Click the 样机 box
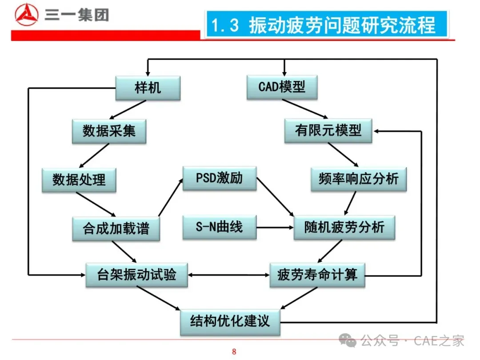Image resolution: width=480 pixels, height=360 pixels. coord(148,88)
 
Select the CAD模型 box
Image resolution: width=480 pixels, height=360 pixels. coord(282,87)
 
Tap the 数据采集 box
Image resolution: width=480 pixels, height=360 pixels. coord(109,131)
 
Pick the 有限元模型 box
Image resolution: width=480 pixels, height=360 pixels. coord(328,130)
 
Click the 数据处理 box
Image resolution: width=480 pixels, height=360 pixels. coord(79,180)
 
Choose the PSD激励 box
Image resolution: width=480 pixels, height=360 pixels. coord(220,178)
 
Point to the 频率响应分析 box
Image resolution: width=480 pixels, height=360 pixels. coord(359,179)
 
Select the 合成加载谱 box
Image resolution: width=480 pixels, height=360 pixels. coord(116,228)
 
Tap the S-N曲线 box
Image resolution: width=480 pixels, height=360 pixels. coord(220,227)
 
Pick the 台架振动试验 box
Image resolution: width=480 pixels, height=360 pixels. coord(136,274)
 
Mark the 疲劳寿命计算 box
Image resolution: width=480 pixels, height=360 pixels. coord(317,274)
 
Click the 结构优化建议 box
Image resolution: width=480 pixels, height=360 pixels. coord(230,322)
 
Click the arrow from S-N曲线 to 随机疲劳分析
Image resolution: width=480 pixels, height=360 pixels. coord(275,228)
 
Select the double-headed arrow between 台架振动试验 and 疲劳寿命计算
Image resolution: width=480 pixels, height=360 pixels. coord(228,275)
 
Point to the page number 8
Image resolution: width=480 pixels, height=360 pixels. coord(234,352)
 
